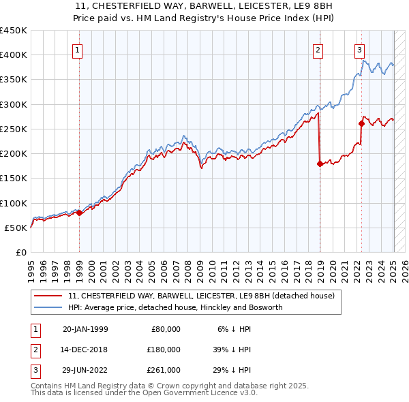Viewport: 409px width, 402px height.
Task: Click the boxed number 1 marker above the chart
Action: [77, 50]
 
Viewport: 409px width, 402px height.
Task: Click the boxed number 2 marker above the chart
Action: [318, 50]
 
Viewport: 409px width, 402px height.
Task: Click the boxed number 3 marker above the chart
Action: [359, 50]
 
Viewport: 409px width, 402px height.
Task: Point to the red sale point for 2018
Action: [320, 164]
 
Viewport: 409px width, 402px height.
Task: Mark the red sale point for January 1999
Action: [80, 213]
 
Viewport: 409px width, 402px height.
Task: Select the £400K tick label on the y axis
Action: [14, 55]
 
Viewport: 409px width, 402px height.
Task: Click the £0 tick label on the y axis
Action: [20, 252]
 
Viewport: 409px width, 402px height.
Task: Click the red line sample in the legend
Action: [48, 296]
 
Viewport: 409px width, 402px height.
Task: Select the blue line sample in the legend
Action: [48, 307]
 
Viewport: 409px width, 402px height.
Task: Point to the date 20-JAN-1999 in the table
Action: [85, 329]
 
